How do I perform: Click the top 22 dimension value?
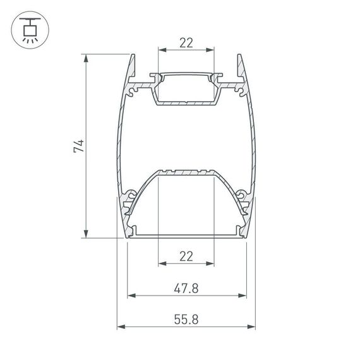[x=186, y=43]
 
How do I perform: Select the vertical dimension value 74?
[x=78, y=147]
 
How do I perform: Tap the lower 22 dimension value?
[x=186, y=256]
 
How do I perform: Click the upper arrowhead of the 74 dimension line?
[x=85, y=58]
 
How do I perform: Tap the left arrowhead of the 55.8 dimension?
[x=120, y=327]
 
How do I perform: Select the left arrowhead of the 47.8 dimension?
[x=131, y=296]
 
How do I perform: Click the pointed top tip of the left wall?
[x=134, y=56]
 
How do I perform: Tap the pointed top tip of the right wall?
[x=239, y=56]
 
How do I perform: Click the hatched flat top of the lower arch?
[x=186, y=172]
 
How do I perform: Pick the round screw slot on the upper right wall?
[x=240, y=90]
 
